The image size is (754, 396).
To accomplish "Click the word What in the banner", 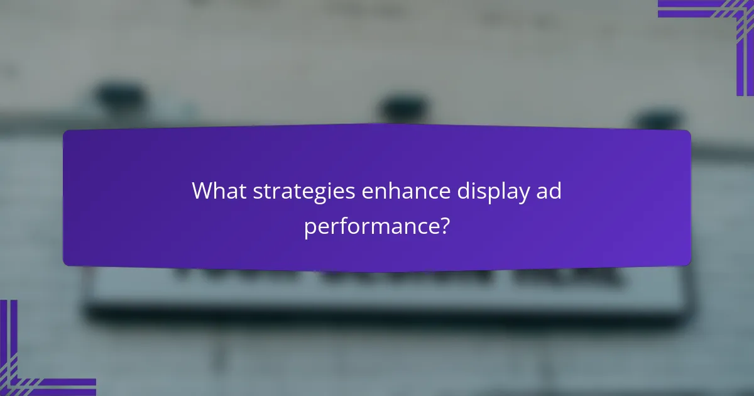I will pyautogui.click(x=219, y=190).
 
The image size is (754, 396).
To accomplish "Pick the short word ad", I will pyautogui.click(x=548, y=190).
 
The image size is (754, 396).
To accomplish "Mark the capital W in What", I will pyautogui.click(x=203, y=190).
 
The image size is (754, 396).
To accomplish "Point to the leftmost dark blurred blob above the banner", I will pyautogui.click(x=119, y=97).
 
